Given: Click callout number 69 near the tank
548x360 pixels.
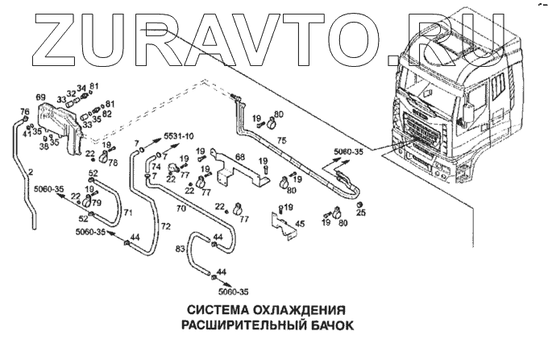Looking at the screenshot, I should (63, 97).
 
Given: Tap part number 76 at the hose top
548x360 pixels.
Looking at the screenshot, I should (24, 112).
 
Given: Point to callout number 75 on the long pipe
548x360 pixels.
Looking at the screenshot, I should (282, 140).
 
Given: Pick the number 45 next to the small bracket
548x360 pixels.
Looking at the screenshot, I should (299, 224).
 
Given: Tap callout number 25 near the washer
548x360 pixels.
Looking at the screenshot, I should (360, 213).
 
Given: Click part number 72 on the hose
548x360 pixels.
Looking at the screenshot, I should (165, 228).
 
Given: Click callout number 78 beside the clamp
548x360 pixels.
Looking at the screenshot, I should (113, 162).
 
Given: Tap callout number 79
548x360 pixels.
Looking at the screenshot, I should (96, 202).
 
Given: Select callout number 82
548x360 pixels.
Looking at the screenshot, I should (107, 114).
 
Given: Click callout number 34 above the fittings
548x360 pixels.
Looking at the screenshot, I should (81, 89).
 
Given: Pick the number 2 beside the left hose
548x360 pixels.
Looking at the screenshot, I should (30, 172).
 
